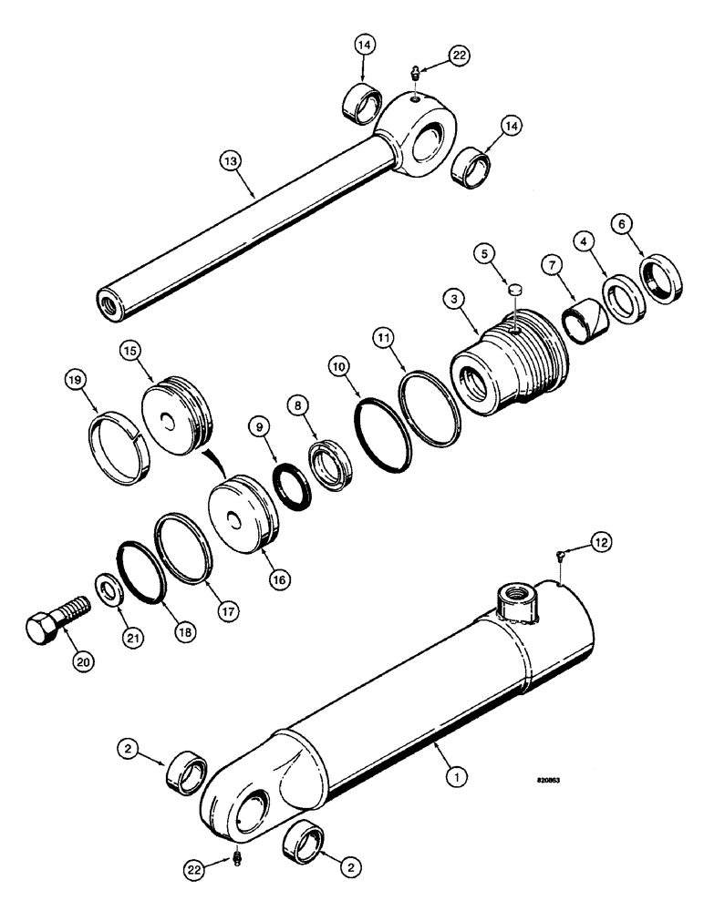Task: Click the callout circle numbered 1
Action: click(x=453, y=776)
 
